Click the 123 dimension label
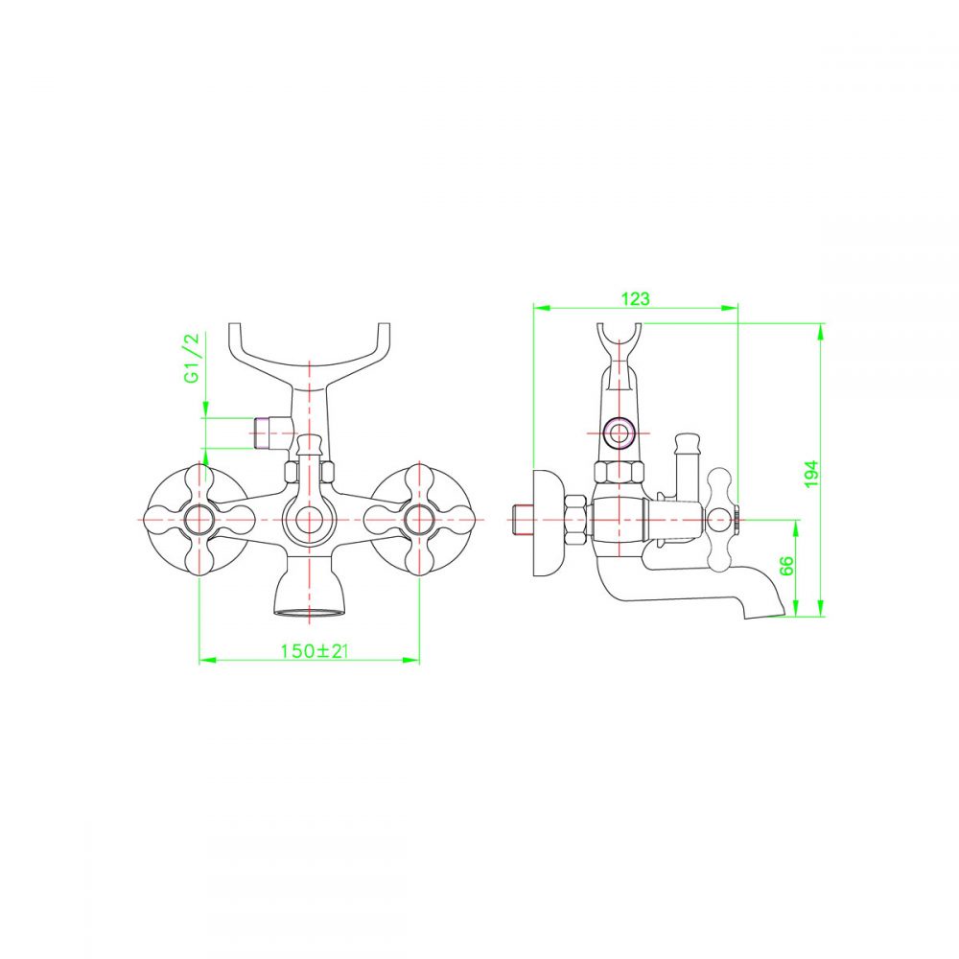point(636,298)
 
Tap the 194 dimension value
point(811,474)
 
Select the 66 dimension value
point(786,566)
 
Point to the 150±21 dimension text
point(315,651)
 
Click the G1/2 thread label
point(192,358)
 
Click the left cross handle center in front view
point(199,520)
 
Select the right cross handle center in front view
point(419,520)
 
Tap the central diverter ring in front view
point(310,520)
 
